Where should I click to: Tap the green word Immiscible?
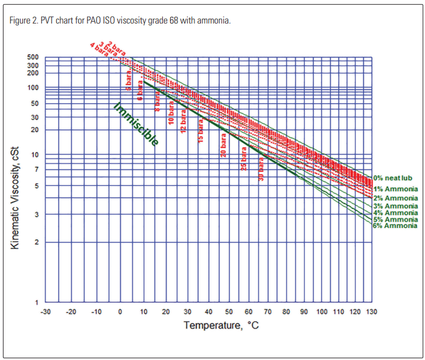(x=136, y=124)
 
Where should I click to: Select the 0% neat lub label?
(x=392, y=178)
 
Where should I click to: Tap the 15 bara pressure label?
(x=201, y=130)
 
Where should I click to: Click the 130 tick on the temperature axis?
(x=371, y=311)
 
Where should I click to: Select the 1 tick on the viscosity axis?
(x=37, y=302)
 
